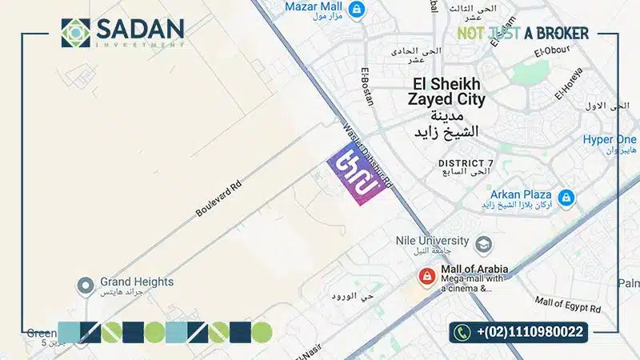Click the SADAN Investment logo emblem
[x=77, y=32]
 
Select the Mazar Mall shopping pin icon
[x=359, y=10]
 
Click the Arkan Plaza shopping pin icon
[x=566, y=197]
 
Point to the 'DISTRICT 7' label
[x=466, y=163]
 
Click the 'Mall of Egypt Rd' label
[x=568, y=303]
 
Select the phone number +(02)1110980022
[x=530, y=332]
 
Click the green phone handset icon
[x=462, y=332]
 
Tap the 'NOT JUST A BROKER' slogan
[x=523, y=33]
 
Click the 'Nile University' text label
[x=433, y=240]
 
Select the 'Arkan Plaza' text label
[x=521, y=194]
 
